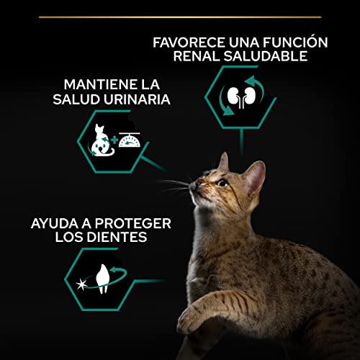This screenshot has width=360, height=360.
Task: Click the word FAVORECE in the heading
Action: (x=189, y=42)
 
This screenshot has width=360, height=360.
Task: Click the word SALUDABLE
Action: (x=266, y=56)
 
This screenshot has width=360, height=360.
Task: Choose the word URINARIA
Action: (x=137, y=99)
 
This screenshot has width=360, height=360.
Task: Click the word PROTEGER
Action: (x=133, y=223)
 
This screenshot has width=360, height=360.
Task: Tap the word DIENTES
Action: (x=117, y=237)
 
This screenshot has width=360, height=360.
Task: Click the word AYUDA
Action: (x=55, y=223)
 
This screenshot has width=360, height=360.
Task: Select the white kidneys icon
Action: (x=241, y=96)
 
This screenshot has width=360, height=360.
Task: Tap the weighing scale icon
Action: (x=130, y=140)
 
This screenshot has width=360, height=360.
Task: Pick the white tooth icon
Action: (x=103, y=279)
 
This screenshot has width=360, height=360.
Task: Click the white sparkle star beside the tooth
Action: (x=81, y=285)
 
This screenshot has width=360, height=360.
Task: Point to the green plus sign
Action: (x=114, y=140)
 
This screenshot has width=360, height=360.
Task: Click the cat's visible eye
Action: (x=222, y=184)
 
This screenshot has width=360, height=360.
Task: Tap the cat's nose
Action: (x=198, y=182)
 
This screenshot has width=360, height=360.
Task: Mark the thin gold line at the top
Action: (x=180, y=17)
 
